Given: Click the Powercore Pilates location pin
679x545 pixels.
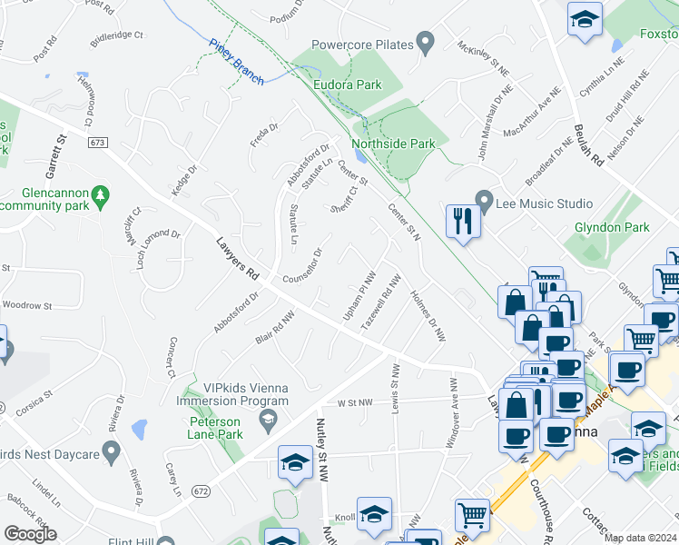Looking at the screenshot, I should click(424, 42).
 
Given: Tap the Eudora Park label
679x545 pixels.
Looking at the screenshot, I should click(346, 84).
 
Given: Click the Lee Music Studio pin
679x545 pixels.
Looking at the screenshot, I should click(484, 200).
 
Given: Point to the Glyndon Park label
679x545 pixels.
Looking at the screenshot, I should click(611, 227).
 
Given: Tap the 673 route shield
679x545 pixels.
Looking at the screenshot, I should click(99, 143).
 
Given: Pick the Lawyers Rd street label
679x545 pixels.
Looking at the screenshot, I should click(239, 258).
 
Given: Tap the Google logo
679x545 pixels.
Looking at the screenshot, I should click(30, 534).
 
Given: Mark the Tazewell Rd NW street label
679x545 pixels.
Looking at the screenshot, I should click(380, 302).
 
